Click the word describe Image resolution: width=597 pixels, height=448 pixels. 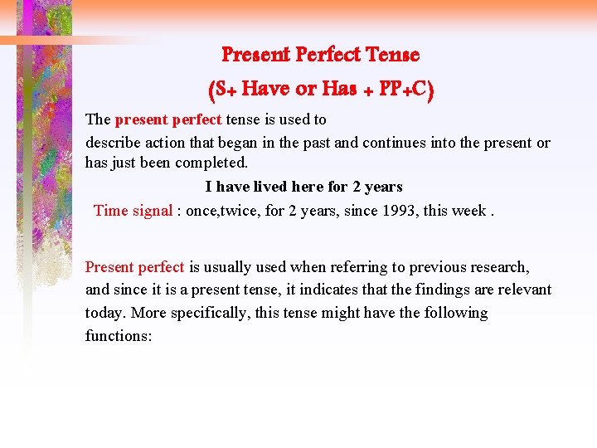point(112,142)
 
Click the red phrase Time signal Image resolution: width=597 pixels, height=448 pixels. point(133,210)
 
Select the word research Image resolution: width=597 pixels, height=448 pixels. point(499,267)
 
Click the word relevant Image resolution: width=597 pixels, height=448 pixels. point(523,290)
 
